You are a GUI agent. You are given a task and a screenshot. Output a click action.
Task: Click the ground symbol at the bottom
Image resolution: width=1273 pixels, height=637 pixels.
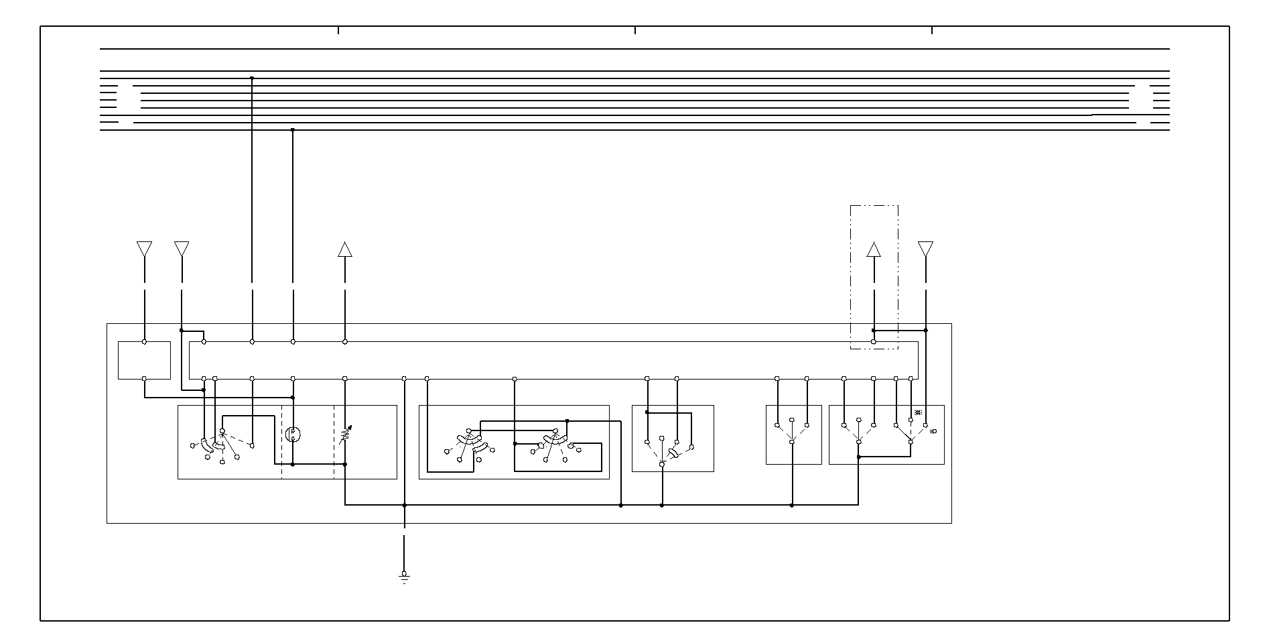pyautogui.click(x=404, y=577)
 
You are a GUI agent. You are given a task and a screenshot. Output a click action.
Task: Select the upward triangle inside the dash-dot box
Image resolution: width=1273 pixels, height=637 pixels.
pyautogui.click(x=873, y=250)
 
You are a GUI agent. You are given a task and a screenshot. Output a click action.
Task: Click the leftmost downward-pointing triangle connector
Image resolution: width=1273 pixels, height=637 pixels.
pyautogui.click(x=144, y=249)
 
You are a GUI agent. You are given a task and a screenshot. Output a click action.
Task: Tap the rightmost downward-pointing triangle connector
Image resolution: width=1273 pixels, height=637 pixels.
pyautogui.click(x=925, y=249)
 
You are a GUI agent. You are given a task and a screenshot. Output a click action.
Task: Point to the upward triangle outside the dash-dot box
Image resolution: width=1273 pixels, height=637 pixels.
pyautogui.click(x=344, y=249)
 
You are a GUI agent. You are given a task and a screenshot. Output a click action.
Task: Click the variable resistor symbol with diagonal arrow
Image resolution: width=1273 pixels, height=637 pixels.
pyautogui.click(x=345, y=436)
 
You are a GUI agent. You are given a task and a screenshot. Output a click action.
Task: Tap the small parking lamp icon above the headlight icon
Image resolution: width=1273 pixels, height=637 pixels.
pyautogui.click(x=918, y=412)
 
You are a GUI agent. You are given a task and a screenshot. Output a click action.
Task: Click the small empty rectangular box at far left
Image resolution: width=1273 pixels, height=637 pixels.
pyautogui.click(x=144, y=360)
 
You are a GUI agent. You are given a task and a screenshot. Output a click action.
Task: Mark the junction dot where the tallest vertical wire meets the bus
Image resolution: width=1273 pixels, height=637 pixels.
pyautogui.click(x=252, y=78)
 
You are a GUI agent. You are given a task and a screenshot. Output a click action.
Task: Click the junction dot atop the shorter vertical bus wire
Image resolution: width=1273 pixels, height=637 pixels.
pyautogui.click(x=293, y=129)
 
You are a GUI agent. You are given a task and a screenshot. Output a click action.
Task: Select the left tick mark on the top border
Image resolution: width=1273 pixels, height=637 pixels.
pyautogui.click(x=338, y=30)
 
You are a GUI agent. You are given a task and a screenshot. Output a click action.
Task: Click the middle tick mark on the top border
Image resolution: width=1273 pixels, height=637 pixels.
pyautogui.click(x=635, y=30)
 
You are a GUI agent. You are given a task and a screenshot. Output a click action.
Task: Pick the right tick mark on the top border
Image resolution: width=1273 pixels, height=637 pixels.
pyautogui.click(x=932, y=30)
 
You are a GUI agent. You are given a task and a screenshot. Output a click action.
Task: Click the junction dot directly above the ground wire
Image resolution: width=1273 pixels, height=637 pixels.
pyautogui.click(x=404, y=506)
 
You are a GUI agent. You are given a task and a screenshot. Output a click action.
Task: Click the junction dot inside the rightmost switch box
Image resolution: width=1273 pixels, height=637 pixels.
pyautogui.click(x=859, y=457)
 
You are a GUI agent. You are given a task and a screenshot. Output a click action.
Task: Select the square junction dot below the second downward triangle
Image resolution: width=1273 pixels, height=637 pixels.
pyautogui.click(x=182, y=330)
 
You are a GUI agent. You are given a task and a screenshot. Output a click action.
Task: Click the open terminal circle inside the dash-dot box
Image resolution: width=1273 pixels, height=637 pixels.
pyautogui.click(x=873, y=342)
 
